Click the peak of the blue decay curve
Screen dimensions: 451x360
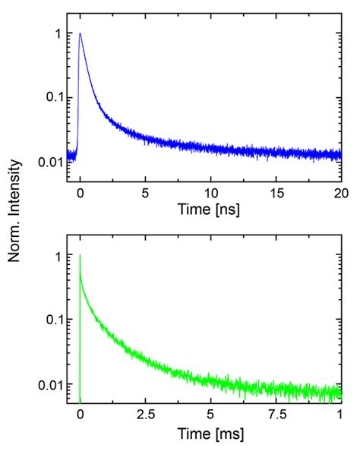(x=81, y=33)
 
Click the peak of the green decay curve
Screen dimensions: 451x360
(x=81, y=256)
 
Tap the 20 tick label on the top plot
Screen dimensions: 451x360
(x=339, y=191)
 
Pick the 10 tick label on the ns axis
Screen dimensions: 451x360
(x=210, y=191)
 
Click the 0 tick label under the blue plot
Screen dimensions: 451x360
(x=81, y=191)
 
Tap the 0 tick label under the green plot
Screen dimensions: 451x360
(x=81, y=415)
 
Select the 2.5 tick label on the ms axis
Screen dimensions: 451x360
(x=146, y=415)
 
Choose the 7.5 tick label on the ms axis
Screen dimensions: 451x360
(x=276, y=415)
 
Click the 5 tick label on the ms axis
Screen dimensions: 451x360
(x=210, y=415)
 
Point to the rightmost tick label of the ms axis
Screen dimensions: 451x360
(x=340, y=415)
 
